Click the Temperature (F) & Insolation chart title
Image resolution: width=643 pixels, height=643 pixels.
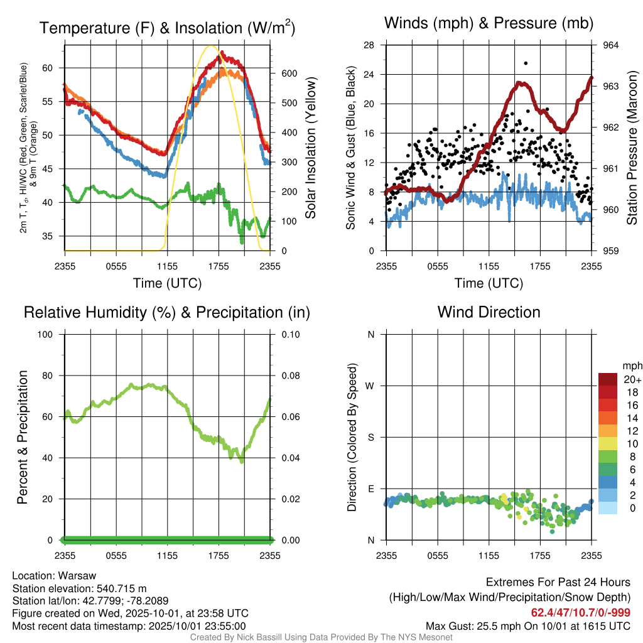pos(167,28)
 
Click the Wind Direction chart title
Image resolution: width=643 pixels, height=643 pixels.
pos(489,312)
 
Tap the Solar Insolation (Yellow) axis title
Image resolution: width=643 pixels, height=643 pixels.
pos(310,148)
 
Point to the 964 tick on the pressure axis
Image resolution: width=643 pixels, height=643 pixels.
pos(610,45)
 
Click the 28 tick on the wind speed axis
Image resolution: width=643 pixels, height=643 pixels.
pos(369,45)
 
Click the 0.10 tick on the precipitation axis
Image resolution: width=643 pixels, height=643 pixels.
pos(289,334)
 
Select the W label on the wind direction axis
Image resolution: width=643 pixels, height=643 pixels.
pos(370,386)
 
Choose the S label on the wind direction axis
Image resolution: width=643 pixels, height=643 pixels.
pos(370,437)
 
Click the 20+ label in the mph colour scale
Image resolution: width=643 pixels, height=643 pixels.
pos(631,379)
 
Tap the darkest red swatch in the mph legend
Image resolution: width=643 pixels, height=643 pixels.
pos(608,379)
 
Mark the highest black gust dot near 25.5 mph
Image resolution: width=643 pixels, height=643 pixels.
pos(526,63)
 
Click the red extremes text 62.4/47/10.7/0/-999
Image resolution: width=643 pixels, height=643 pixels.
pos(581,612)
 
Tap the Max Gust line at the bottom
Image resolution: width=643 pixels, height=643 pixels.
pos(528,625)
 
